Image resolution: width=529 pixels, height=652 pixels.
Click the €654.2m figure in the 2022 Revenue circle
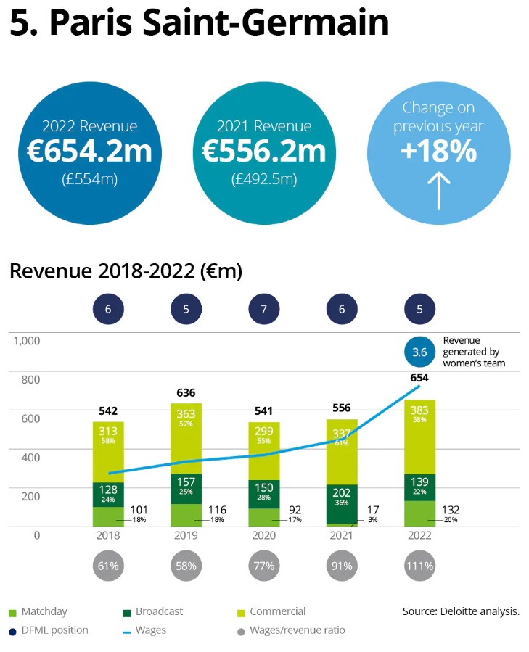coord(89,152)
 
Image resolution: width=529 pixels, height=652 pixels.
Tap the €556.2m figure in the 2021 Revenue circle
coord(263,152)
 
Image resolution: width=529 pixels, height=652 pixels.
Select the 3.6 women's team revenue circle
coord(419,352)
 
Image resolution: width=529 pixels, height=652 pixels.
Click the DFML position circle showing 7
coord(263,309)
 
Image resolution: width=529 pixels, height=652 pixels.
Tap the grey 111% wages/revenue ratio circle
coord(419,566)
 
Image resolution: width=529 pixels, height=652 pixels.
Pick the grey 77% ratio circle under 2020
coord(263,566)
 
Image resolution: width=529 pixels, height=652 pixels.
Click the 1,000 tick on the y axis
coord(27,340)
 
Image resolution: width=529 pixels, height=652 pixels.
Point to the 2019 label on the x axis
coord(186,536)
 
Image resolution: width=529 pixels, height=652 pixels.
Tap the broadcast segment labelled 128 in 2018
coord(108,494)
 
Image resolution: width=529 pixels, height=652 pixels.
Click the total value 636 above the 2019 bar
coord(186,393)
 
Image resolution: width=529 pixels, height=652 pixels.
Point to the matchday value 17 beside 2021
coord(372,511)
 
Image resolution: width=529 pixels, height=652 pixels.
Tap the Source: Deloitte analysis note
coord(461,611)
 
